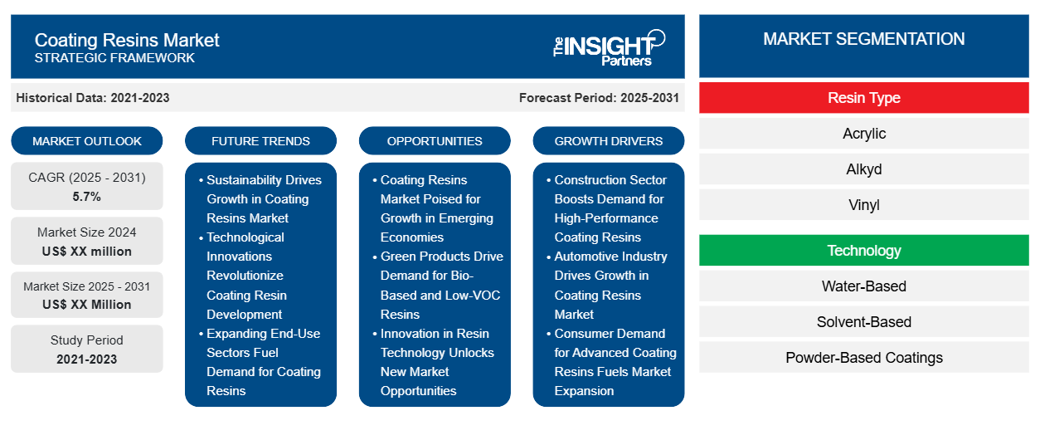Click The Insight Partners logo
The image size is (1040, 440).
609,48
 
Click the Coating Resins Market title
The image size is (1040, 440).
127,40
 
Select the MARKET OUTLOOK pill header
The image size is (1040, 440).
87,141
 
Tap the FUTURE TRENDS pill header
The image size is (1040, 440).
260,141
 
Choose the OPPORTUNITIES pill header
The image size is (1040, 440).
435,141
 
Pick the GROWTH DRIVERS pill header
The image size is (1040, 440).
608,141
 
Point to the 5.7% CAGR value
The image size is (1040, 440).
87,197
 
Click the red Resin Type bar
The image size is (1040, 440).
863,98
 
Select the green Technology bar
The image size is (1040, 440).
863,251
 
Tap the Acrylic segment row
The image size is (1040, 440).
863,134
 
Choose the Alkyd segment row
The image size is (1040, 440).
863,169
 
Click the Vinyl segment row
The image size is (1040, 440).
863,205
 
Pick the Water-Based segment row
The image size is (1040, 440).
863,286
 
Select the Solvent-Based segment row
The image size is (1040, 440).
863,322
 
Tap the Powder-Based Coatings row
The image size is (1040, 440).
863,358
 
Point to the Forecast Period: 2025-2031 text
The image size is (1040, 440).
599,98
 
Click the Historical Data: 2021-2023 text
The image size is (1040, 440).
93,98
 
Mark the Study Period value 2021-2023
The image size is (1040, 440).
87,359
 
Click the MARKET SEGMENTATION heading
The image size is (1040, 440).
863,39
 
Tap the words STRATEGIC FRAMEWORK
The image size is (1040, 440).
114,58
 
